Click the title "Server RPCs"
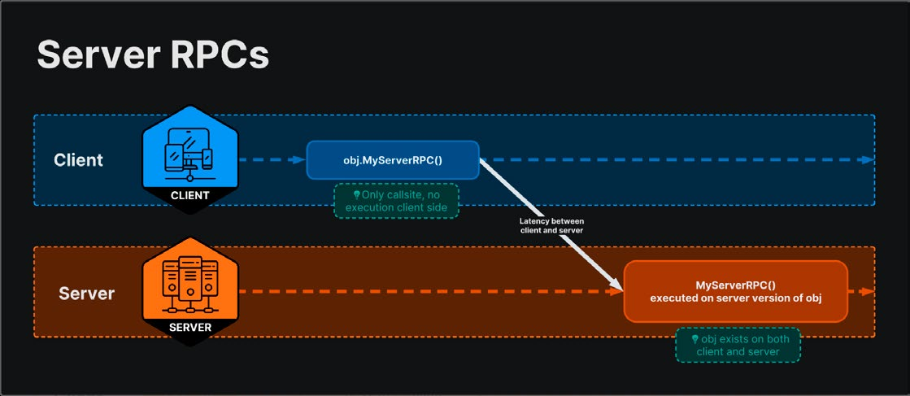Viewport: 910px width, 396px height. [153, 56]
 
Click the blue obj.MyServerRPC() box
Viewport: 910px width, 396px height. [393, 159]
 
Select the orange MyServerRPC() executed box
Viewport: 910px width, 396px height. [735, 291]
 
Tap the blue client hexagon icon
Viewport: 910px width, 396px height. [189, 159]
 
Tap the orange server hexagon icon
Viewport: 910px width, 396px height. [189, 291]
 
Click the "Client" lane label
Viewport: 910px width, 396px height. [78, 159]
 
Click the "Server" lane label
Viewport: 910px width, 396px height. [86, 294]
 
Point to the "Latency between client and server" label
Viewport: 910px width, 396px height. [551, 226]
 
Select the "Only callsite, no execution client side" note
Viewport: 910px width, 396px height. [396, 200]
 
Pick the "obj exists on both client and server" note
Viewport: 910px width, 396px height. [738, 345]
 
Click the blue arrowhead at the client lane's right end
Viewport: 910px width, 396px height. [869, 159]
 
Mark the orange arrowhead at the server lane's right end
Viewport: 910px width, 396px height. [869, 291]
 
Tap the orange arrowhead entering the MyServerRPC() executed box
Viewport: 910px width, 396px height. [617, 291]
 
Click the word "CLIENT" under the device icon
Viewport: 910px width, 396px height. [189, 196]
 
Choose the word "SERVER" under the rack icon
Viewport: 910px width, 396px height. [189, 327]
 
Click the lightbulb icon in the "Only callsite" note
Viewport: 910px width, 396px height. [356, 194]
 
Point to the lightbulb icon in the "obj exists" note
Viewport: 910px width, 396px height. [694, 338]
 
